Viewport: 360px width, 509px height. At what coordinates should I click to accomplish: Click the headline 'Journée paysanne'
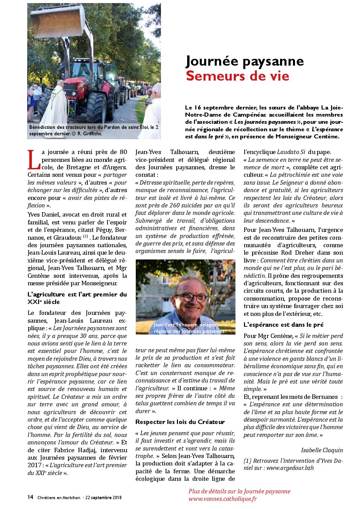245,62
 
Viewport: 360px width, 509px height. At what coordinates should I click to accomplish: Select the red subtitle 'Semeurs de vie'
238,76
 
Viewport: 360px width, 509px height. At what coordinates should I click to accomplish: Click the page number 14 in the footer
30,497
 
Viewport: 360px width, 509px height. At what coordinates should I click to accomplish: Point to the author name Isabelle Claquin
322,450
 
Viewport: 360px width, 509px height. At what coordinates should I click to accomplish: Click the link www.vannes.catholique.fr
223,499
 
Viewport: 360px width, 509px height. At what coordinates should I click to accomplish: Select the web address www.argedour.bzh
290,468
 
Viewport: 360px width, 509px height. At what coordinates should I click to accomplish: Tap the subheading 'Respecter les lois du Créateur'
180,422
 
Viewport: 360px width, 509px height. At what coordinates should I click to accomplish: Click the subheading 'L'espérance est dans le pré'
283,325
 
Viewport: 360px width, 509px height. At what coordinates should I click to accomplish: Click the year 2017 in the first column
35,465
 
